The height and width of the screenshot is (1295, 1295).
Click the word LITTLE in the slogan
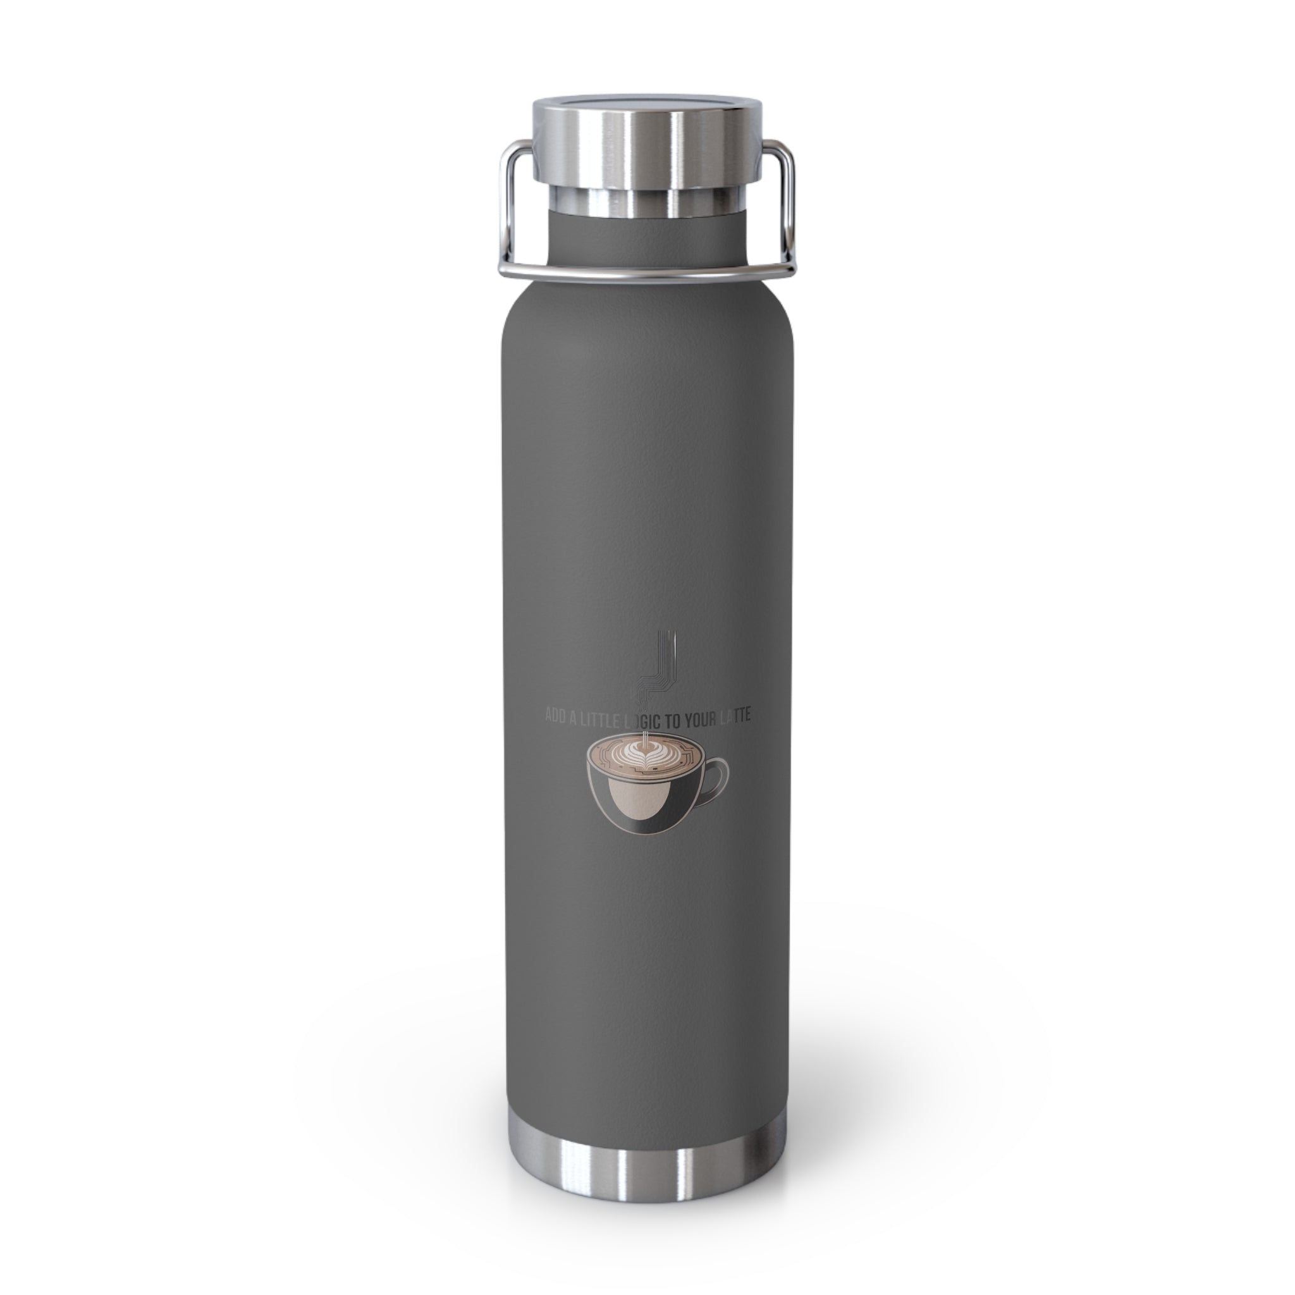coord(603,717)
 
